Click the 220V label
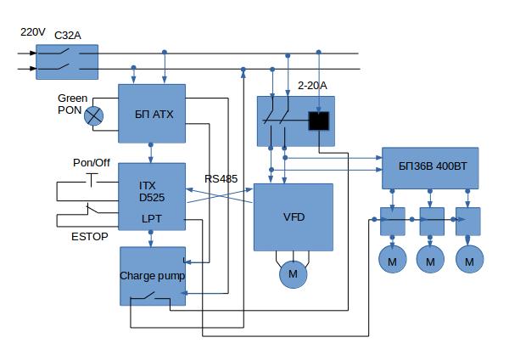coord(32,32)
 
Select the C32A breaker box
coord(67,61)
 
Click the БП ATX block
coord(152,113)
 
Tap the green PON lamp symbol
coord(95,117)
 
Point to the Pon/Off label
coord(92,162)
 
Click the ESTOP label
coord(89,237)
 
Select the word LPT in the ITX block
coord(152,219)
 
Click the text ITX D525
coord(152,191)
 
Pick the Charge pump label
coord(152,276)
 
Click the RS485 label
coord(221,179)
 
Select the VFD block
coord(294,217)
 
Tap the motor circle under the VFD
coord(294,274)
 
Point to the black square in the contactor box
coord(318,121)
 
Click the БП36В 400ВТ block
coord(430,166)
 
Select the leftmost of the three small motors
coord(391,259)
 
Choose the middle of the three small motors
coord(430,259)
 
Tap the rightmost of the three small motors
coord(468,259)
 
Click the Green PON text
coord(72,104)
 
